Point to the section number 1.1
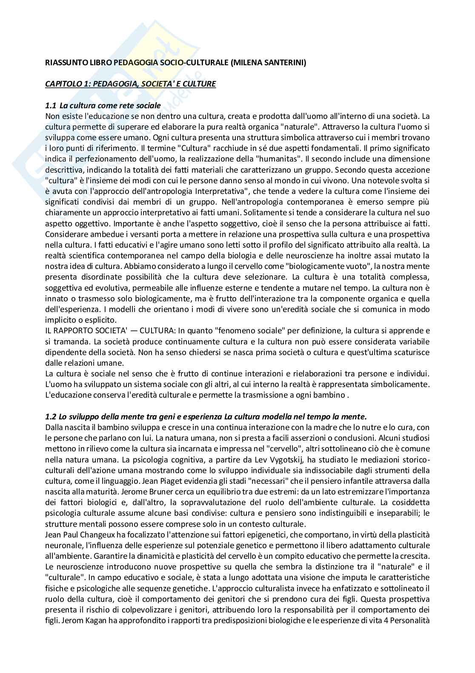[x=50, y=105]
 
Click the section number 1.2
[x=50, y=416]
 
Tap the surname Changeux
[x=91, y=534]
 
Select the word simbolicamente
[x=404, y=384]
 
